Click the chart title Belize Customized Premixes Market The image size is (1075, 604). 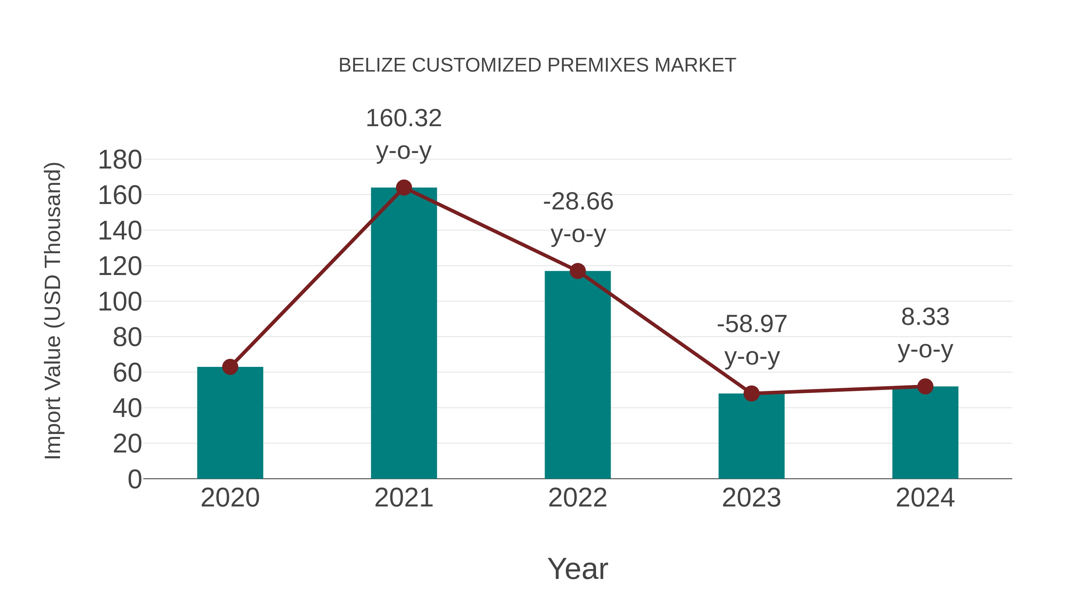click(x=537, y=65)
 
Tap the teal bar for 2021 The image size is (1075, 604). click(x=403, y=333)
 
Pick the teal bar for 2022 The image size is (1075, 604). click(x=578, y=375)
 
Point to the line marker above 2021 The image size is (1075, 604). click(x=403, y=188)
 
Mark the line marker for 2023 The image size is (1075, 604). click(x=751, y=393)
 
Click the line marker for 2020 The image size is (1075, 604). click(x=230, y=367)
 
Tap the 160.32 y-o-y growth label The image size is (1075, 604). click(x=403, y=134)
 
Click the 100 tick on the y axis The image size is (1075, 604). click(x=120, y=302)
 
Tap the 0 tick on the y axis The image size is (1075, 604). click(x=134, y=479)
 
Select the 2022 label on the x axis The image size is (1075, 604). click(x=578, y=498)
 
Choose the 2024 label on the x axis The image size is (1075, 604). click(x=925, y=498)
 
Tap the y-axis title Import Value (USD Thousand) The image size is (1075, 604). click(x=53, y=311)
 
